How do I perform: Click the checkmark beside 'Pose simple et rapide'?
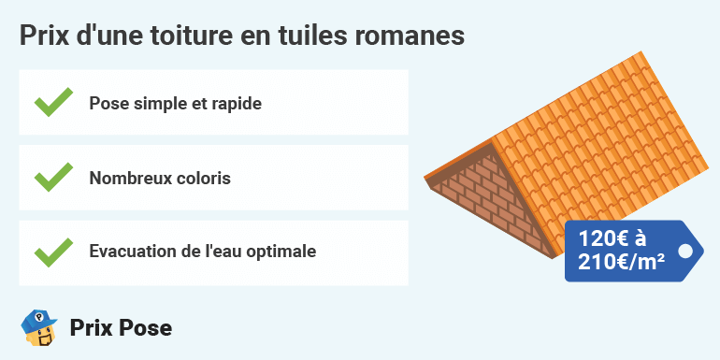53,102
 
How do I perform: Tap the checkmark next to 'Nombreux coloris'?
53,177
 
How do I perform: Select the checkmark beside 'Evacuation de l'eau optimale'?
53,252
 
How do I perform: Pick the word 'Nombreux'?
127,178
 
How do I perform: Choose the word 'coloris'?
200,178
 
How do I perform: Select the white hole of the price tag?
685,251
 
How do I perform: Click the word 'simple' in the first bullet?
159,103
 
